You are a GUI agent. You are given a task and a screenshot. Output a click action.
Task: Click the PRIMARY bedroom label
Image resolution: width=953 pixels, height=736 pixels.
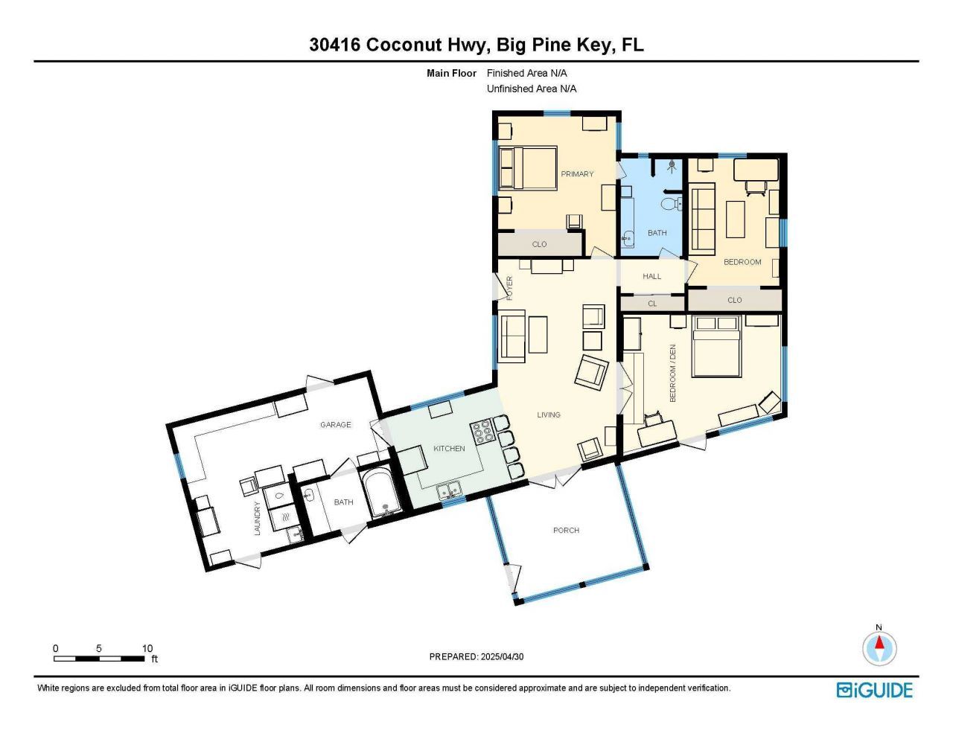point(577,174)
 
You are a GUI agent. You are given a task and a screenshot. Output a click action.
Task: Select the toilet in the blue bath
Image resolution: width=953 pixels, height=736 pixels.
point(670,203)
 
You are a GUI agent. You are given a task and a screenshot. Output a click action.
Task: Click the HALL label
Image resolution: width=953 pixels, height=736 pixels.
point(651,277)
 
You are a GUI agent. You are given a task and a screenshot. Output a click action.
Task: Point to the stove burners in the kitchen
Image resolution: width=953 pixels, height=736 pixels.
point(481,432)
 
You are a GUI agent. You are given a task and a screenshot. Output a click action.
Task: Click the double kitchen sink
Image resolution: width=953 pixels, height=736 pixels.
point(448,490)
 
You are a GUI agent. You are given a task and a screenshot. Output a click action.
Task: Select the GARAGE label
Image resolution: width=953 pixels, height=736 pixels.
point(335,425)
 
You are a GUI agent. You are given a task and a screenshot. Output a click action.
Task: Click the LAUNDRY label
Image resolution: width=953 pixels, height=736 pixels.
point(258,518)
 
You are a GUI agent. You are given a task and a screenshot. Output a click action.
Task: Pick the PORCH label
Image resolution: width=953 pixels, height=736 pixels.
point(566,531)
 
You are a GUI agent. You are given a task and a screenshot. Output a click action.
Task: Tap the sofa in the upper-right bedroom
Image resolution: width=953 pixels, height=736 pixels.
point(703,220)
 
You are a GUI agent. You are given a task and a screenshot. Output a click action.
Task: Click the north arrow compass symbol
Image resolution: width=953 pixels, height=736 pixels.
point(879,647)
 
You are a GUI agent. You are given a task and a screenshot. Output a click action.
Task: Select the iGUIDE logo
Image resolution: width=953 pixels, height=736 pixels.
point(874,690)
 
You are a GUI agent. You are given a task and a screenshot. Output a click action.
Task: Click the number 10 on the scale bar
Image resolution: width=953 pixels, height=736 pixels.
point(147,648)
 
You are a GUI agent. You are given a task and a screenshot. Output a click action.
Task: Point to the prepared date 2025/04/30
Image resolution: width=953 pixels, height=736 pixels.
point(502,657)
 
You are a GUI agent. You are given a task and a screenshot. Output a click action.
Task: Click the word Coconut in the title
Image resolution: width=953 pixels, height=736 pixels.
point(402,45)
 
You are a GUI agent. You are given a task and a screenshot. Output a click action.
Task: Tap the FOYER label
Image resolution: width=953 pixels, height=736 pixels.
point(510,287)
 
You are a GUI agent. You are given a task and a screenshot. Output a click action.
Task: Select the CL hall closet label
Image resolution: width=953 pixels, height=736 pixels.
point(652,304)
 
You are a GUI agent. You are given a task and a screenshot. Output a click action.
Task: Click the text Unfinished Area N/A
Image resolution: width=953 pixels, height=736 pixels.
point(531,89)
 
